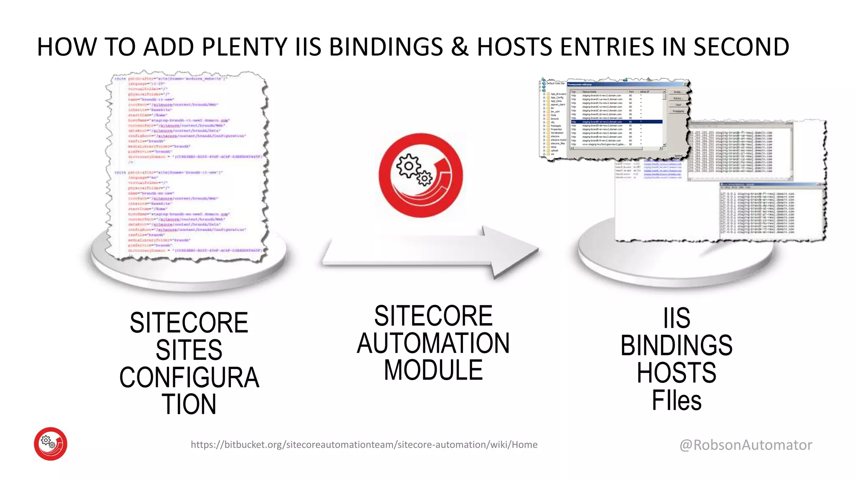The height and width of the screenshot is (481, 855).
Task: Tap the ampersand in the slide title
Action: tap(460, 47)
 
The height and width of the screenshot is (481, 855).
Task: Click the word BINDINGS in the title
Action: tap(386, 47)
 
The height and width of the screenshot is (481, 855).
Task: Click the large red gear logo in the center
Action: tap(421, 175)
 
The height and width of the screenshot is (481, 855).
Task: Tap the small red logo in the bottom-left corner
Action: tap(51, 443)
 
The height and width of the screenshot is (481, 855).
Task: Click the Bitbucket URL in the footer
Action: tap(364, 445)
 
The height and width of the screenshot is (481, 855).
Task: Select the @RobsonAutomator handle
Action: tap(746, 445)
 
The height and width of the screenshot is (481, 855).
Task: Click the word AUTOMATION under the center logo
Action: tap(433, 343)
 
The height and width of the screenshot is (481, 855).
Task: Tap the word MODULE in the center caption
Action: tap(433, 370)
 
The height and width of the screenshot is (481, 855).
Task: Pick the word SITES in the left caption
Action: tap(189, 350)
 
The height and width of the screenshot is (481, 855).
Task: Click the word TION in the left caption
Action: tap(189, 404)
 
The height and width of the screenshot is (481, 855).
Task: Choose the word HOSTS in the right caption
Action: tap(676, 373)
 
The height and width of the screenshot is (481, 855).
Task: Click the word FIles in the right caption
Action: tap(676, 400)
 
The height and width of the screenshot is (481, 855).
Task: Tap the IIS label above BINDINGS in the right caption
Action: tap(676, 318)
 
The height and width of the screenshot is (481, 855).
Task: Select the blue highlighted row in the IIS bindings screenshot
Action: tap(616, 122)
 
